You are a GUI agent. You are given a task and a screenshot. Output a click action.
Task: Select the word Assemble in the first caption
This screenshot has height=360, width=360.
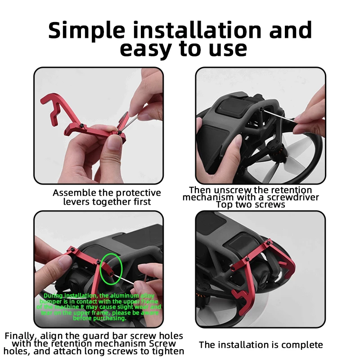coord(74,193)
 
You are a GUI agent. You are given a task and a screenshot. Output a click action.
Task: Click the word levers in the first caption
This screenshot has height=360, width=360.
coord(76,202)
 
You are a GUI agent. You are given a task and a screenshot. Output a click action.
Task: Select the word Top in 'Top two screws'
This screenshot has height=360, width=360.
coord(224,205)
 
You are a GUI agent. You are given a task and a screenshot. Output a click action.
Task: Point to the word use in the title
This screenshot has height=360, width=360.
coord(227,49)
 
